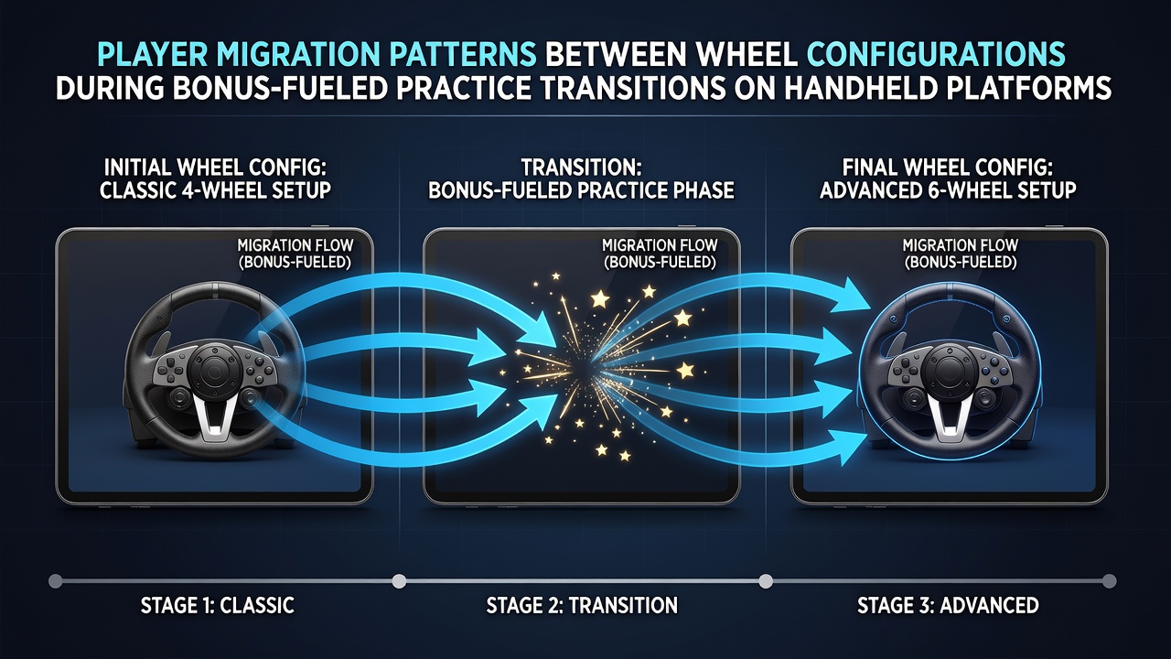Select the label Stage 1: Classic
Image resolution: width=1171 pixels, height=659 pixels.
click(x=217, y=605)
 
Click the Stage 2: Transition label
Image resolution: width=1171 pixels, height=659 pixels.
click(x=582, y=605)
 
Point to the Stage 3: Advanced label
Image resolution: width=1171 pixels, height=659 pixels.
click(x=948, y=605)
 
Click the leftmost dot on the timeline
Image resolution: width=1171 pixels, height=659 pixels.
click(x=55, y=581)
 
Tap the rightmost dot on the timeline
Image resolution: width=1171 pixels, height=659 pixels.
click(x=1110, y=581)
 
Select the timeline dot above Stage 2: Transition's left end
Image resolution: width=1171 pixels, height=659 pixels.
click(x=399, y=581)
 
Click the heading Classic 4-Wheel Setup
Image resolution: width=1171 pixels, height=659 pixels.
click(x=215, y=189)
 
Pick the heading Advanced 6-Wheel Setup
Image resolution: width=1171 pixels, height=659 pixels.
click(x=948, y=189)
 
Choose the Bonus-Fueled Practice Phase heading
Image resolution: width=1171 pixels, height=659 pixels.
click(x=581, y=189)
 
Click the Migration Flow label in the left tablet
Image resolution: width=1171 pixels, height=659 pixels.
click(x=295, y=254)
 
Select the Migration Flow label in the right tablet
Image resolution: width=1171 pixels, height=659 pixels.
click(x=961, y=254)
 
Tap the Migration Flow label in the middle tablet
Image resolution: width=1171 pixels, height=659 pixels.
click(x=660, y=254)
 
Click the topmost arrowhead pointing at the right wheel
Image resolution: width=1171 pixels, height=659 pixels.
click(x=851, y=296)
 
